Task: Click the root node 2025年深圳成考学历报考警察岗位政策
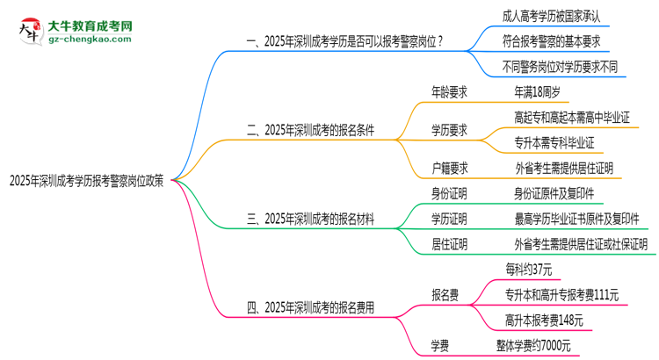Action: click(88, 180)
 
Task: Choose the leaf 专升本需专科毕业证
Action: click(554, 141)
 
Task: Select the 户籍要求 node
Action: click(449, 166)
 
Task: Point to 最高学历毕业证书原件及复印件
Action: click(576, 219)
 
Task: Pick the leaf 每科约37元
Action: click(527, 269)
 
